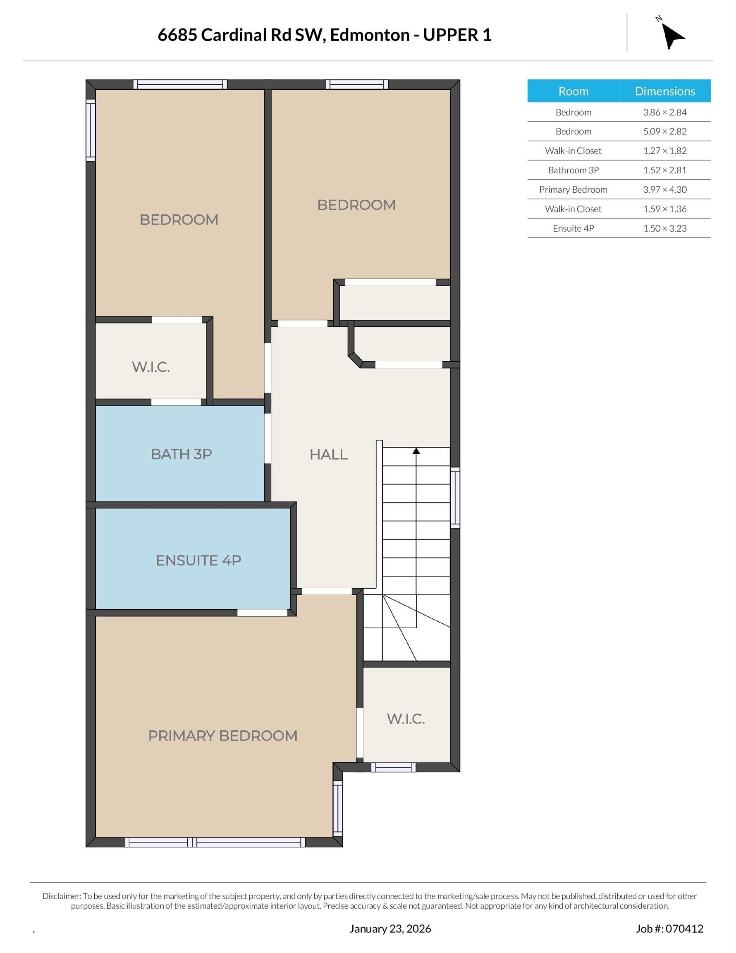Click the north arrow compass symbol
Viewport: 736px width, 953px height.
pyautogui.click(x=672, y=36)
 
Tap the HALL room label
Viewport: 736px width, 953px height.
pyautogui.click(x=329, y=455)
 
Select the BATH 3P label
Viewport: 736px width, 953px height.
pyautogui.click(x=181, y=454)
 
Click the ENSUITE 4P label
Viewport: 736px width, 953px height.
pyautogui.click(x=198, y=560)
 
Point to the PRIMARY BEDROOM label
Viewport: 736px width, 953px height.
pyautogui.click(x=222, y=736)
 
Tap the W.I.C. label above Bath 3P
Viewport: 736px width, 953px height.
pyautogui.click(x=151, y=367)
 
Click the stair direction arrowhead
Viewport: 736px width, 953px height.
pyautogui.click(x=416, y=451)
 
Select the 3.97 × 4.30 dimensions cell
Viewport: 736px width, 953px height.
pyautogui.click(x=664, y=189)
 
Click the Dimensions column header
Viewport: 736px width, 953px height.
pyautogui.click(x=664, y=91)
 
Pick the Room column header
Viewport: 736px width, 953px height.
pyautogui.click(x=573, y=91)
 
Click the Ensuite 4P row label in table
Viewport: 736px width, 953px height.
pyautogui.click(x=573, y=228)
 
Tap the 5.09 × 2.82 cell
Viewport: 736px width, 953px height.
pyautogui.click(x=664, y=132)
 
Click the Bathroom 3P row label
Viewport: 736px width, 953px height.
pyautogui.click(x=573, y=170)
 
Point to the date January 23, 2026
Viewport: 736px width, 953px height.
pyautogui.click(x=390, y=929)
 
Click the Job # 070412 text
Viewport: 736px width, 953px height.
pyautogui.click(x=669, y=929)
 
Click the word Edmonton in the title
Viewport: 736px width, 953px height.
pyautogui.click(x=370, y=35)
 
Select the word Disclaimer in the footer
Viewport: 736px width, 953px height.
pyautogui.click(x=62, y=896)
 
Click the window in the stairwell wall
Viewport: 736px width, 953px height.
pyautogui.click(x=455, y=498)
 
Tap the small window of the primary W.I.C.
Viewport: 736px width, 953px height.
pyautogui.click(x=393, y=767)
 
